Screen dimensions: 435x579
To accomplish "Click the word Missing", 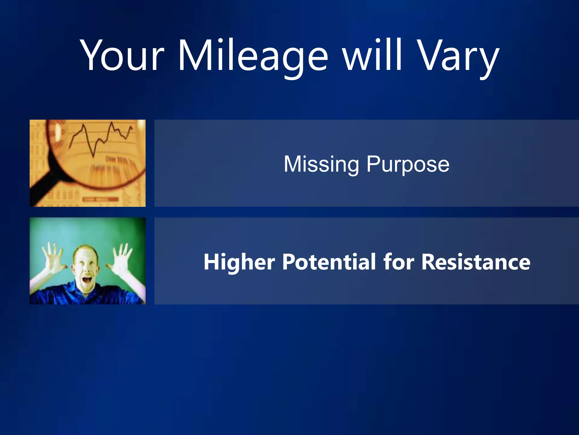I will click(x=321, y=164).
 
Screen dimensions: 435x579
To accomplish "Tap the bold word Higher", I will click(x=239, y=262).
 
